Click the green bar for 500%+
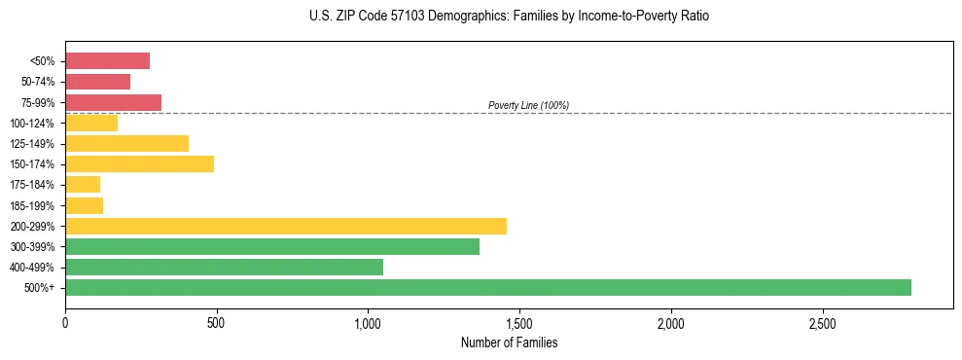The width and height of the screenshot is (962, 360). (487, 287)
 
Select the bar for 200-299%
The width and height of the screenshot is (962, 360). (285, 226)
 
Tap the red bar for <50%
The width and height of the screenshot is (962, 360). (107, 61)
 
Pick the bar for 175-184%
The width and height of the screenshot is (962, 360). (83, 185)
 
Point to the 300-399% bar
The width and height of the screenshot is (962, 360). (271, 246)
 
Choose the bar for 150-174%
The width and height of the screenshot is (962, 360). (139, 163)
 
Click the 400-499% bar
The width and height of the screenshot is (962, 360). (224, 267)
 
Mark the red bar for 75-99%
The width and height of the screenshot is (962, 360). (113, 102)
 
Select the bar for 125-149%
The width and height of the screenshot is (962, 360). (126, 143)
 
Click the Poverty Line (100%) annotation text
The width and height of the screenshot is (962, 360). (528, 105)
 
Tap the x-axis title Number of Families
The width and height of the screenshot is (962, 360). (509, 343)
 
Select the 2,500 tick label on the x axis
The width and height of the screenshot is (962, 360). (823, 323)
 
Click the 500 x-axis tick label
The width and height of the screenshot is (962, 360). (217, 323)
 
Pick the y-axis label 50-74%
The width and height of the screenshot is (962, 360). (38, 82)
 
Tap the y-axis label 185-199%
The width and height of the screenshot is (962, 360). (35, 205)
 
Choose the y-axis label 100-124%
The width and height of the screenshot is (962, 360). (35, 123)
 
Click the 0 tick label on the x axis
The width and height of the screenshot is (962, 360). (65, 323)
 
